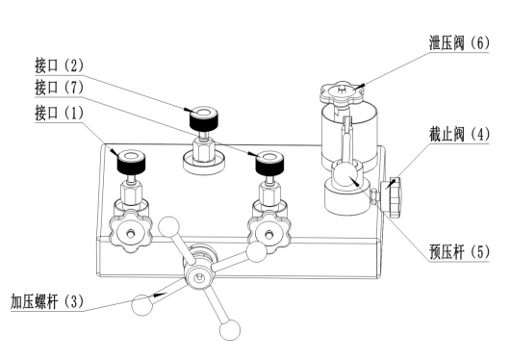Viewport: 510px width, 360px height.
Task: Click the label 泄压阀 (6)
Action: click(459, 43)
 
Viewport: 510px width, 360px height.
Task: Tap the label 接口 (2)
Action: click(60, 65)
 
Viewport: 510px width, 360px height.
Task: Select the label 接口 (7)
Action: click(60, 88)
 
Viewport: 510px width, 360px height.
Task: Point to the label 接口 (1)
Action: click(60, 113)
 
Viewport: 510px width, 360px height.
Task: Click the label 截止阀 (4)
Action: click(459, 135)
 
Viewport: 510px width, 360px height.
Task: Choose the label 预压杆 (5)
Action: click(459, 252)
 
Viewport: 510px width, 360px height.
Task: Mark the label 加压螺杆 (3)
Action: click(47, 301)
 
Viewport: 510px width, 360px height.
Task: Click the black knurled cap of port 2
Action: click(204, 117)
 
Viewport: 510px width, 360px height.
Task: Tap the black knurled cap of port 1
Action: click(131, 162)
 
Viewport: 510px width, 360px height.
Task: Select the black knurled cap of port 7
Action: click(269, 163)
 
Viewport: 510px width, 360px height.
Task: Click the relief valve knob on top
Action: click(342, 91)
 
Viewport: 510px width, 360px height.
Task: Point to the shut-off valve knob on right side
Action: click(394, 197)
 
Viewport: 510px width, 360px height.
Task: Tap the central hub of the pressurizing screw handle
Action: click(198, 277)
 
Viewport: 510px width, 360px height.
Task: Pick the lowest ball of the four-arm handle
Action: click(230, 330)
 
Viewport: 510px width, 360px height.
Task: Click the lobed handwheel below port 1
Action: click(131, 232)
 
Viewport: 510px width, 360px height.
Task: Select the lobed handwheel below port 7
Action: click(268, 232)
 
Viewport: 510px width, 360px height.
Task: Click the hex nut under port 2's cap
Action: click(203, 149)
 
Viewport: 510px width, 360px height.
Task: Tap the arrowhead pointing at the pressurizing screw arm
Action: click(160, 295)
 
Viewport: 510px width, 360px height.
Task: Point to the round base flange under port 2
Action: click(204, 163)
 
